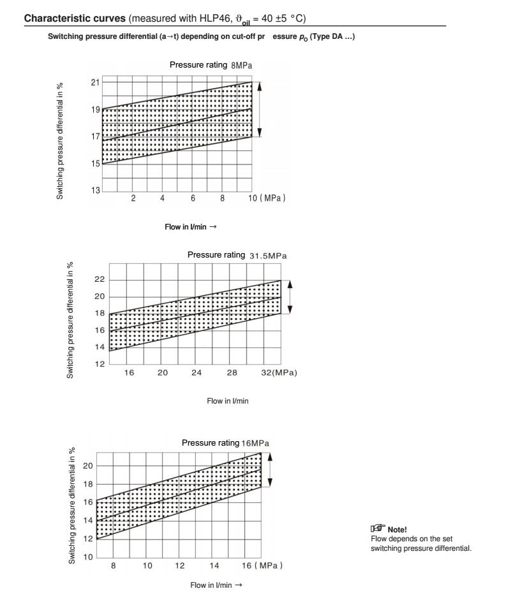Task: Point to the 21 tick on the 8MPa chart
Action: coord(95,82)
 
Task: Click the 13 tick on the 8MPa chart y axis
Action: coord(95,191)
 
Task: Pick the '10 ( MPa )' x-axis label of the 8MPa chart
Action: coord(267,198)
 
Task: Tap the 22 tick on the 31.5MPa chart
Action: coord(99,279)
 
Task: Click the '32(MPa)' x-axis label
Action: coord(281,372)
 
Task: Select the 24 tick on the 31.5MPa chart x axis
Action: coord(197,372)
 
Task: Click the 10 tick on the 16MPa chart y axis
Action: coord(89,558)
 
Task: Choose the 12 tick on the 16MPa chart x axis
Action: coord(180,565)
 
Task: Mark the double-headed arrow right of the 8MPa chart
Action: coord(260,110)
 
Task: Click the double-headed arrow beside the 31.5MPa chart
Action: coord(290,296)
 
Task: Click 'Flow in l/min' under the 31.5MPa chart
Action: coord(227,400)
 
